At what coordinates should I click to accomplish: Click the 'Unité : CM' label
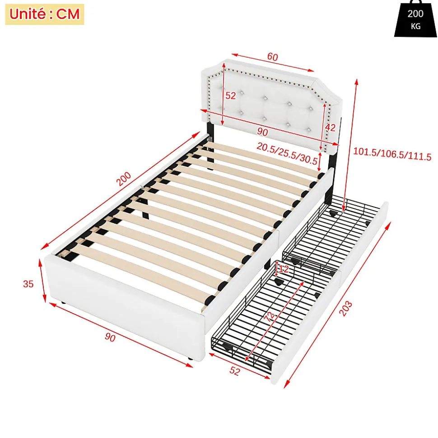(x=44, y=14)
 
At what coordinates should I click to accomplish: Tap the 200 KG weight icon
(x=415, y=21)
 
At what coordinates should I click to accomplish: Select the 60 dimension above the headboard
(x=272, y=57)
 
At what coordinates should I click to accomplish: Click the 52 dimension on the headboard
(x=231, y=96)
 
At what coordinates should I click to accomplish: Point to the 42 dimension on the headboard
(x=330, y=128)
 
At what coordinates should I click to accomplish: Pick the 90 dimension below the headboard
(x=262, y=132)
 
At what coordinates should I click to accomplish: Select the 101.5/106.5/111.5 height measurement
(x=392, y=157)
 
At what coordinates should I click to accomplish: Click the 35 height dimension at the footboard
(x=28, y=284)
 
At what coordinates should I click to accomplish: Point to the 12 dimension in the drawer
(x=283, y=269)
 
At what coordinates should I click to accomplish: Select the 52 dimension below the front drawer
(x=235, y=370)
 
